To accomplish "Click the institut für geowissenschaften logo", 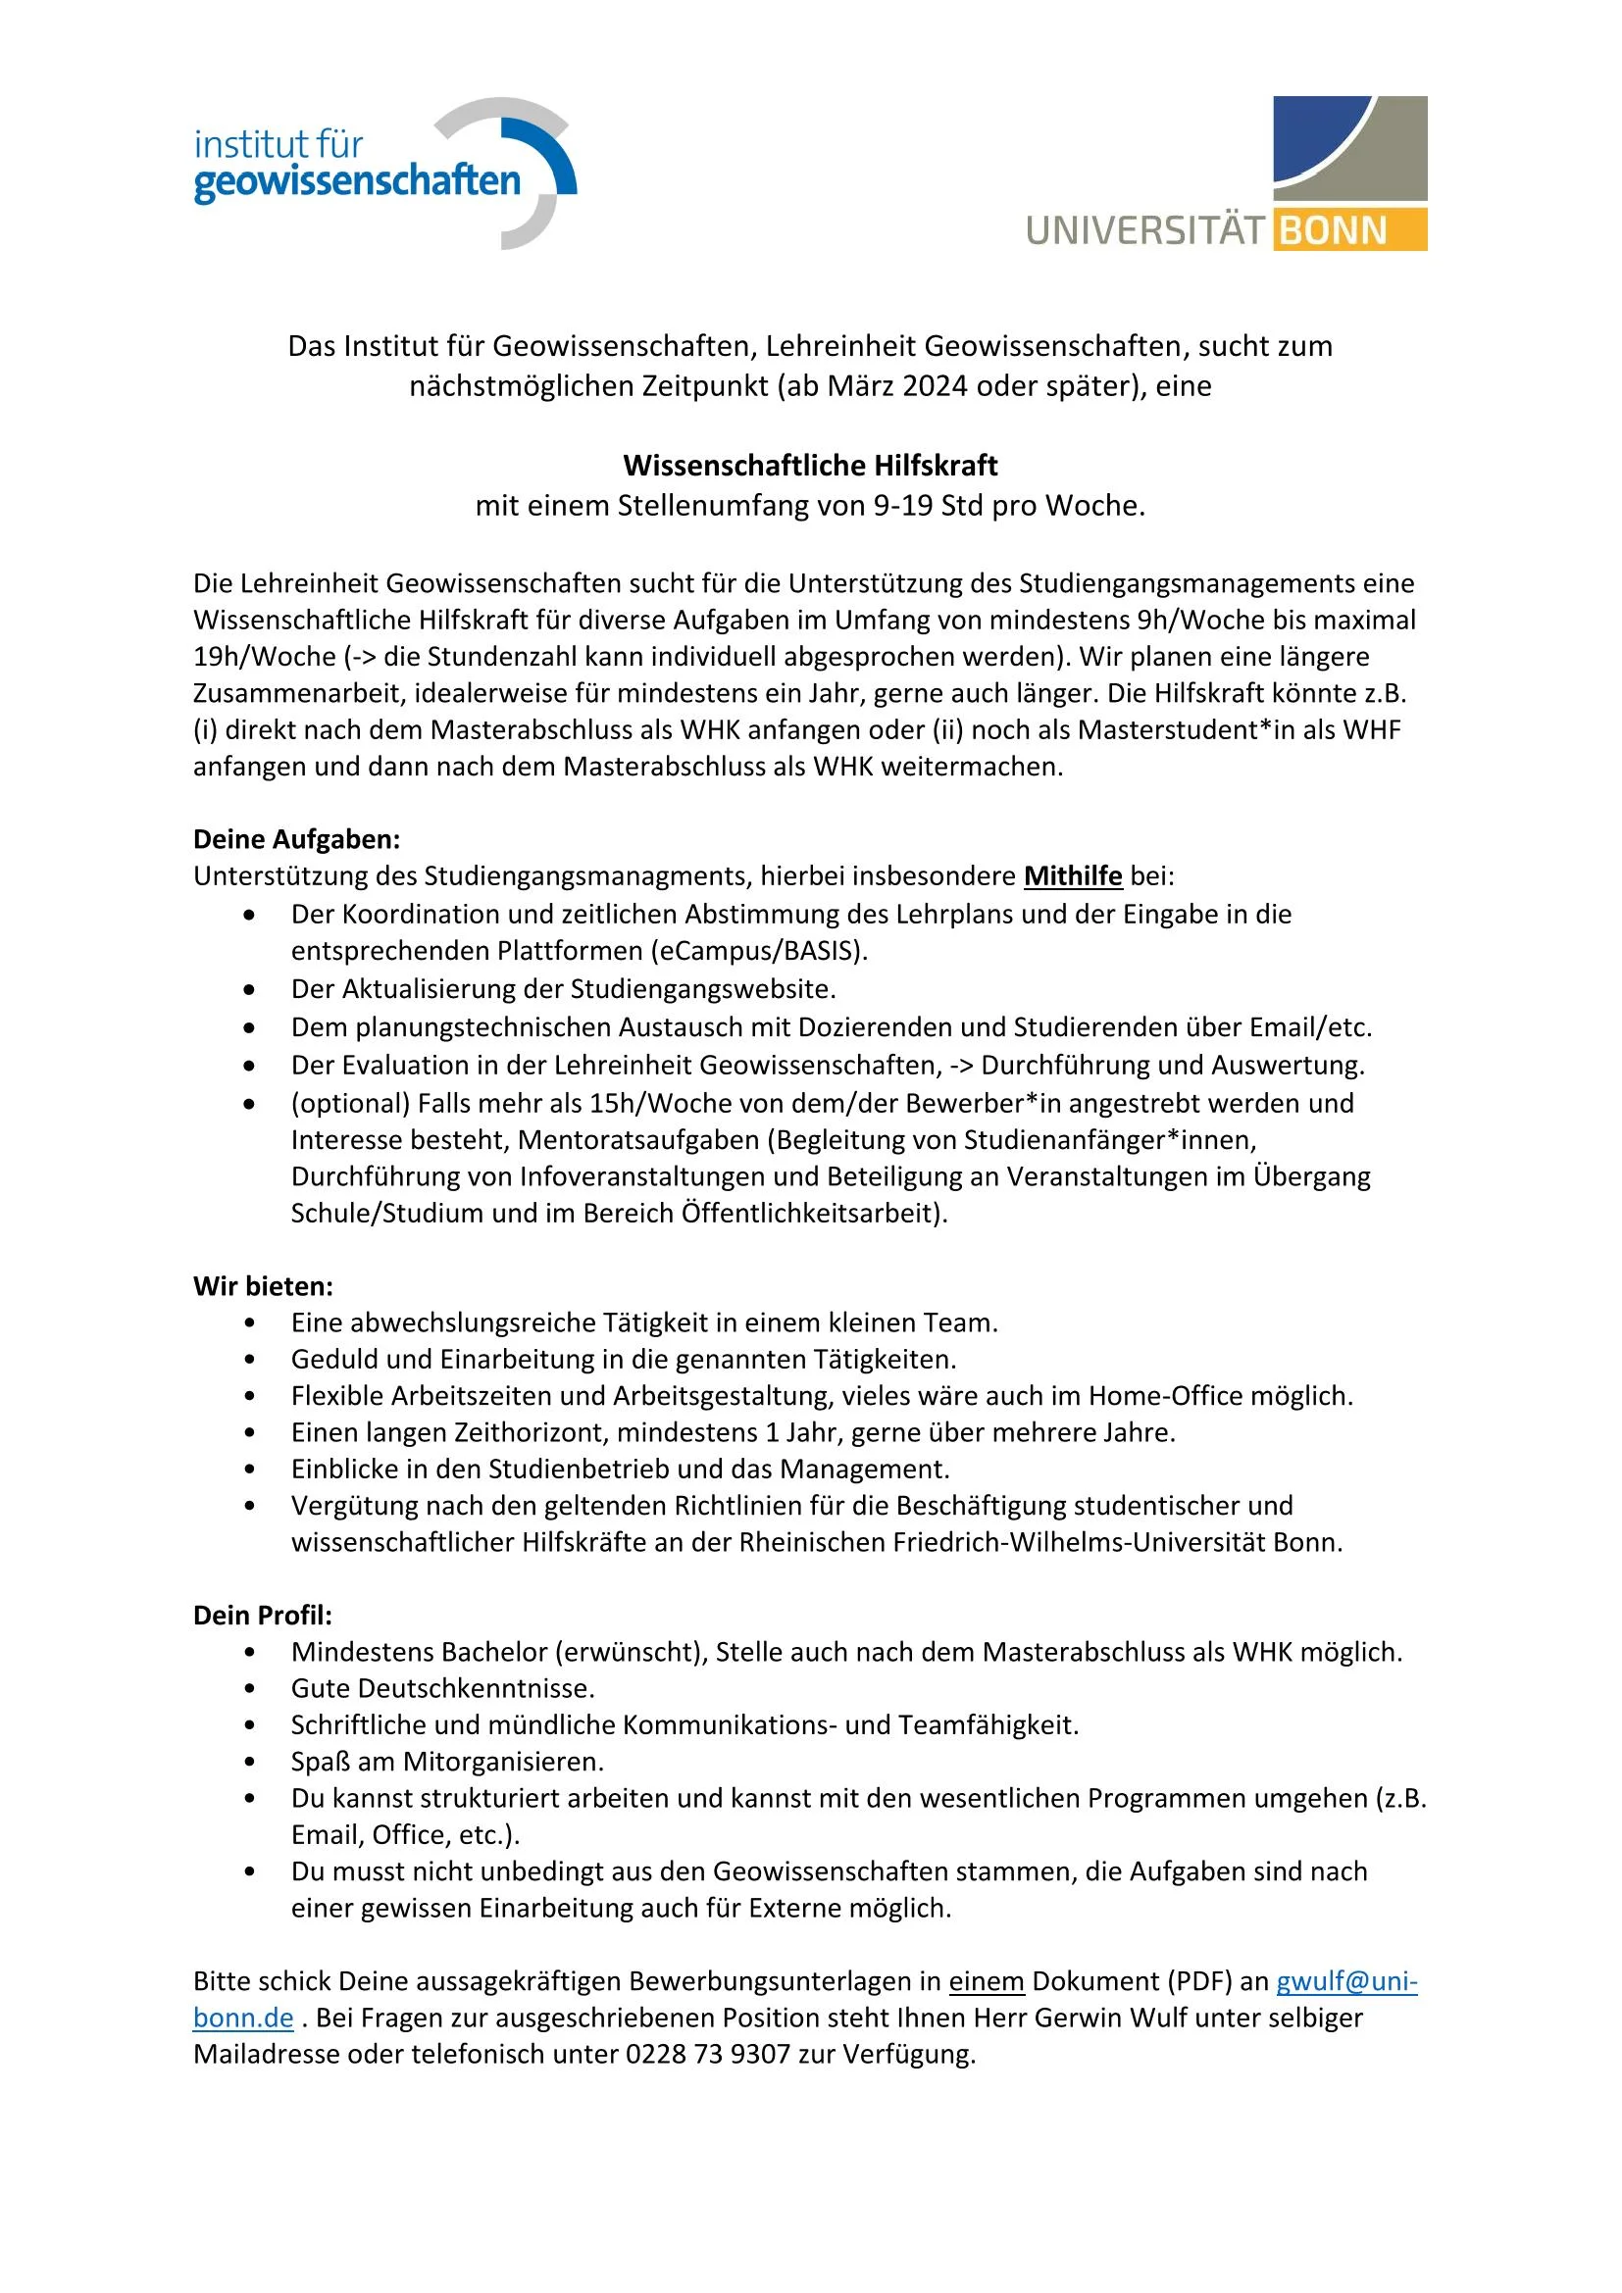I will (384, 172).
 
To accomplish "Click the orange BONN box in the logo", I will (1348, 230).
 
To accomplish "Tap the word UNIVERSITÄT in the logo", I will (1144, 230).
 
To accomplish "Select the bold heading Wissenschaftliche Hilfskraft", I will (810, 466).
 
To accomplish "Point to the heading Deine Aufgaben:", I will (296, 839).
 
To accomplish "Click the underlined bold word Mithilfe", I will (1073, 876).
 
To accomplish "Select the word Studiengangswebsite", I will (702, 990).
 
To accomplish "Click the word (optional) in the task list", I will (350, 1104).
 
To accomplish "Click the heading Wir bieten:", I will (264, 1286).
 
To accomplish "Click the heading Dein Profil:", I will (263, 1616).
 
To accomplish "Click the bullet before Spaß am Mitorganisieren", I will (250, 1763).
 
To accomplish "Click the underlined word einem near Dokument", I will (987, 1981).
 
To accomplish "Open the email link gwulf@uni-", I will (1346, 1981).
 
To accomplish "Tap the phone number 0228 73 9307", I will (708, 2055).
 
